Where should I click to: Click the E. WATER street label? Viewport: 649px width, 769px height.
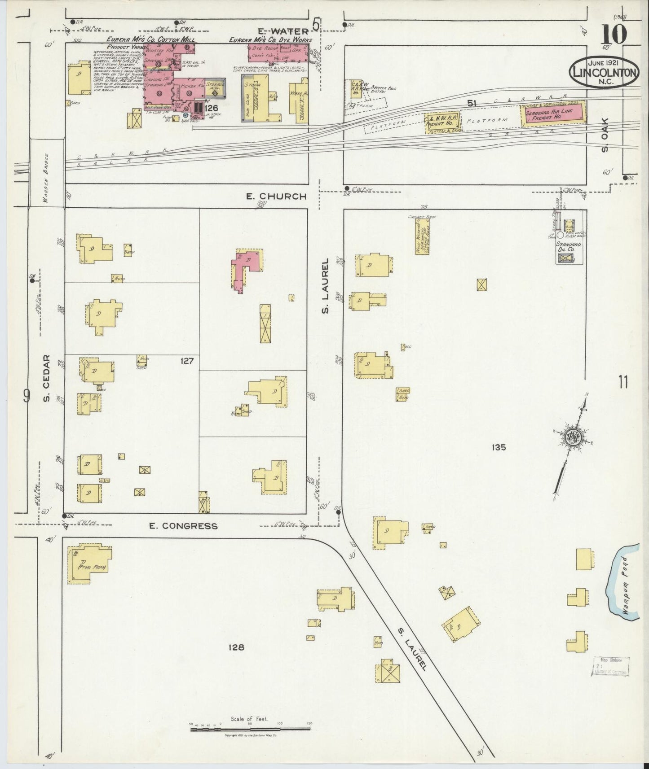coord(283,31)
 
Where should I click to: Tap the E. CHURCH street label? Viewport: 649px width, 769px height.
coord(277,196)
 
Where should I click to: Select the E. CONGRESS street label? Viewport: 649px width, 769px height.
coord(184,526)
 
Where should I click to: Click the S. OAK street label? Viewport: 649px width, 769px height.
coord(604,135)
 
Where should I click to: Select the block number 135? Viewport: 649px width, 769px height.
coord(499,447)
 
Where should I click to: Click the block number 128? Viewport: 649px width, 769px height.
coord(236,647)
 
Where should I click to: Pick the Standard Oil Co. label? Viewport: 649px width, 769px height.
coord(569,246)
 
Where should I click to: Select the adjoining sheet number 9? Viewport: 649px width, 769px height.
coord(26,395)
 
